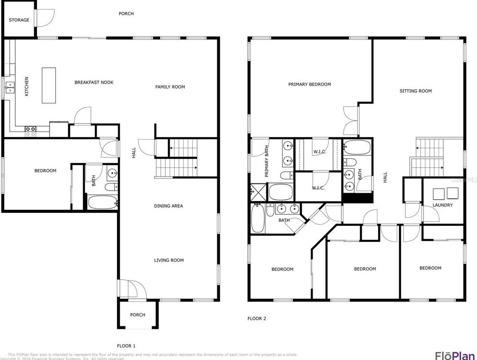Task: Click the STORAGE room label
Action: point(19,20)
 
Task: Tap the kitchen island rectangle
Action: point(49,85)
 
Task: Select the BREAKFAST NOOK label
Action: point(94,82)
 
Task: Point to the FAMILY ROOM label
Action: point(170,87)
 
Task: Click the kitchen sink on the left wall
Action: point(10,88)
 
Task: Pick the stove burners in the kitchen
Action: point(30,129)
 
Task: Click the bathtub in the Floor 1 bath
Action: point(102,202)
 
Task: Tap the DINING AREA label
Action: point(168,206)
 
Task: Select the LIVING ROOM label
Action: point(169,260)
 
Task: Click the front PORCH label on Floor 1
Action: point(138,315)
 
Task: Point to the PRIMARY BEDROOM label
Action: point(309,84)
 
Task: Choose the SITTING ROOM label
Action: point(415,91)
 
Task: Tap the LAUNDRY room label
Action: point(442,205)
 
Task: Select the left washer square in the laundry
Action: point(438,193)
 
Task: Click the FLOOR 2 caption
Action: point(256,319)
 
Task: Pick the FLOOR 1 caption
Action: point(126,346)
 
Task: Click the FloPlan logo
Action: point(454,356)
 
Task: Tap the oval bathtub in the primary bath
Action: point(281,192)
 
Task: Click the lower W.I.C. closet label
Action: point(318,188)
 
